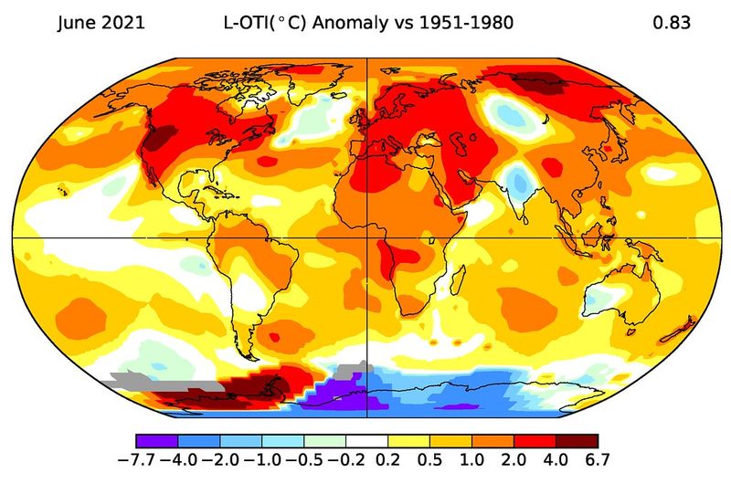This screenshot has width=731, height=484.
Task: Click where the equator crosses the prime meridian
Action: tap(366, 237)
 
